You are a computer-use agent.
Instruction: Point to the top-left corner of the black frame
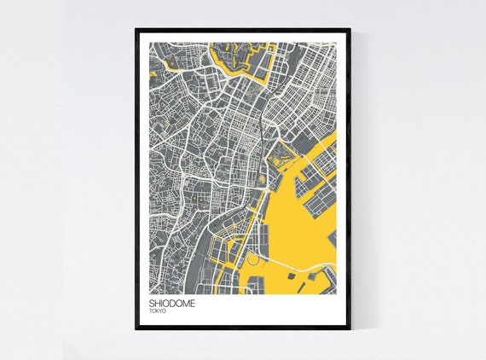136,31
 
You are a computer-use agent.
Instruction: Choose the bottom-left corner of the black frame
136,328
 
